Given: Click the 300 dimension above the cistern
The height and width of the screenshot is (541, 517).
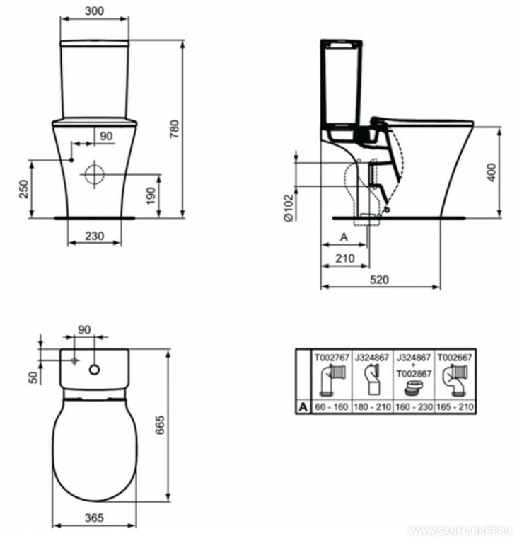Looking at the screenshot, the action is point(95,11).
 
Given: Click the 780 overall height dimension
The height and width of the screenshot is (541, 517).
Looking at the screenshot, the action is point(175,129).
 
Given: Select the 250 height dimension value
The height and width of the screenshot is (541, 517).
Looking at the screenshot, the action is point(23,189).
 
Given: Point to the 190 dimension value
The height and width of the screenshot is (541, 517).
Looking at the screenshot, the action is point(151,196).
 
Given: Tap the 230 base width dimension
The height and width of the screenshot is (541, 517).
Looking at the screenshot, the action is point(95,236).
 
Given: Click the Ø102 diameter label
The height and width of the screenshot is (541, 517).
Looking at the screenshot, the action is point(288,207).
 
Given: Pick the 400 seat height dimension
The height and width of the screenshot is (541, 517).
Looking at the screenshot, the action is point(492,172).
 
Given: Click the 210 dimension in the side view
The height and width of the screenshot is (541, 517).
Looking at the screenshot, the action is point(345,258).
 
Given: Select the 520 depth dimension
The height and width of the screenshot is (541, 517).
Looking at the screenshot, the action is point(379,280).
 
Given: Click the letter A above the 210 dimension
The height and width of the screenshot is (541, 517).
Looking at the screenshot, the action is point(344,237).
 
